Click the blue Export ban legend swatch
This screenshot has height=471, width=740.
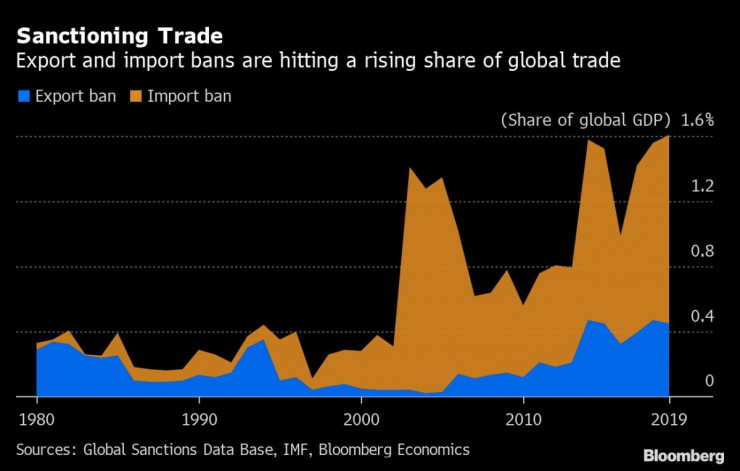[23, 97]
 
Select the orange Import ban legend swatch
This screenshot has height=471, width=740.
[136, 97]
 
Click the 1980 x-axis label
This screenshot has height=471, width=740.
[37, 417]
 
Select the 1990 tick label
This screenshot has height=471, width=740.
[199, 417]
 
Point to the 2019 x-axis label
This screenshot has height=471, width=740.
[669, 417]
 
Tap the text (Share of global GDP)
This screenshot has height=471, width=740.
[585, 119]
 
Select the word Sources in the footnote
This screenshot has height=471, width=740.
[47, 450]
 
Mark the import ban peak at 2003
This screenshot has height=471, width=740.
[410, 168]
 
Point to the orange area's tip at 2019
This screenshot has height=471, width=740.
[669, 136]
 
